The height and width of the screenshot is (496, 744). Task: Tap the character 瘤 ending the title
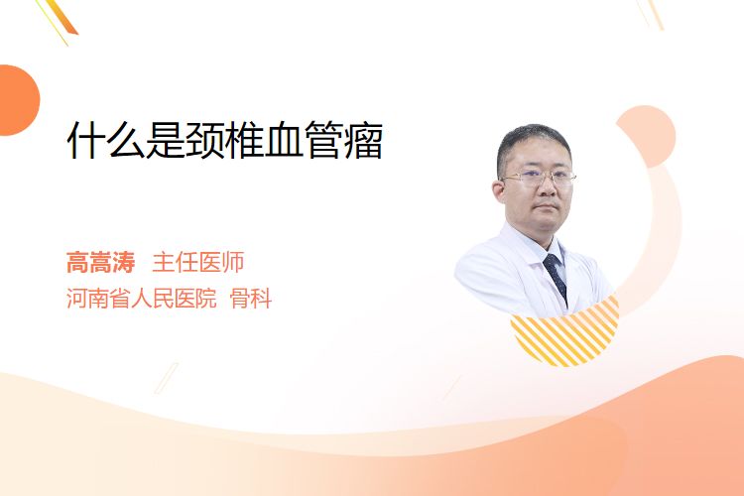click(x=363, y=140)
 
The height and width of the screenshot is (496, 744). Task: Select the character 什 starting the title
click(x=86, y=140)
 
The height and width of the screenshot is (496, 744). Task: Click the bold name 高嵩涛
click(x=100, y=263)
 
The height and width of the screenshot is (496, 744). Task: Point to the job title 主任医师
click(x=198, y=263)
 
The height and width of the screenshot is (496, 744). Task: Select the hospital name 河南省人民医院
click(x=142, y=299)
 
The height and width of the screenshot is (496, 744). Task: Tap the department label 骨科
click(x=251, y=299)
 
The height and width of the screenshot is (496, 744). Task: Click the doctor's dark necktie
click(x=556, y=276)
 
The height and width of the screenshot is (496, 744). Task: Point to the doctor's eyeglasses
click(x=539, y=178)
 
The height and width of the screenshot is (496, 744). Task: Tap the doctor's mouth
click(x=547, y=207)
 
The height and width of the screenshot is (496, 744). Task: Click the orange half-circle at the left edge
click(x=19, y=100)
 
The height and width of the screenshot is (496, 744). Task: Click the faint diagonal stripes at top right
click(x=651, y=14)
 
